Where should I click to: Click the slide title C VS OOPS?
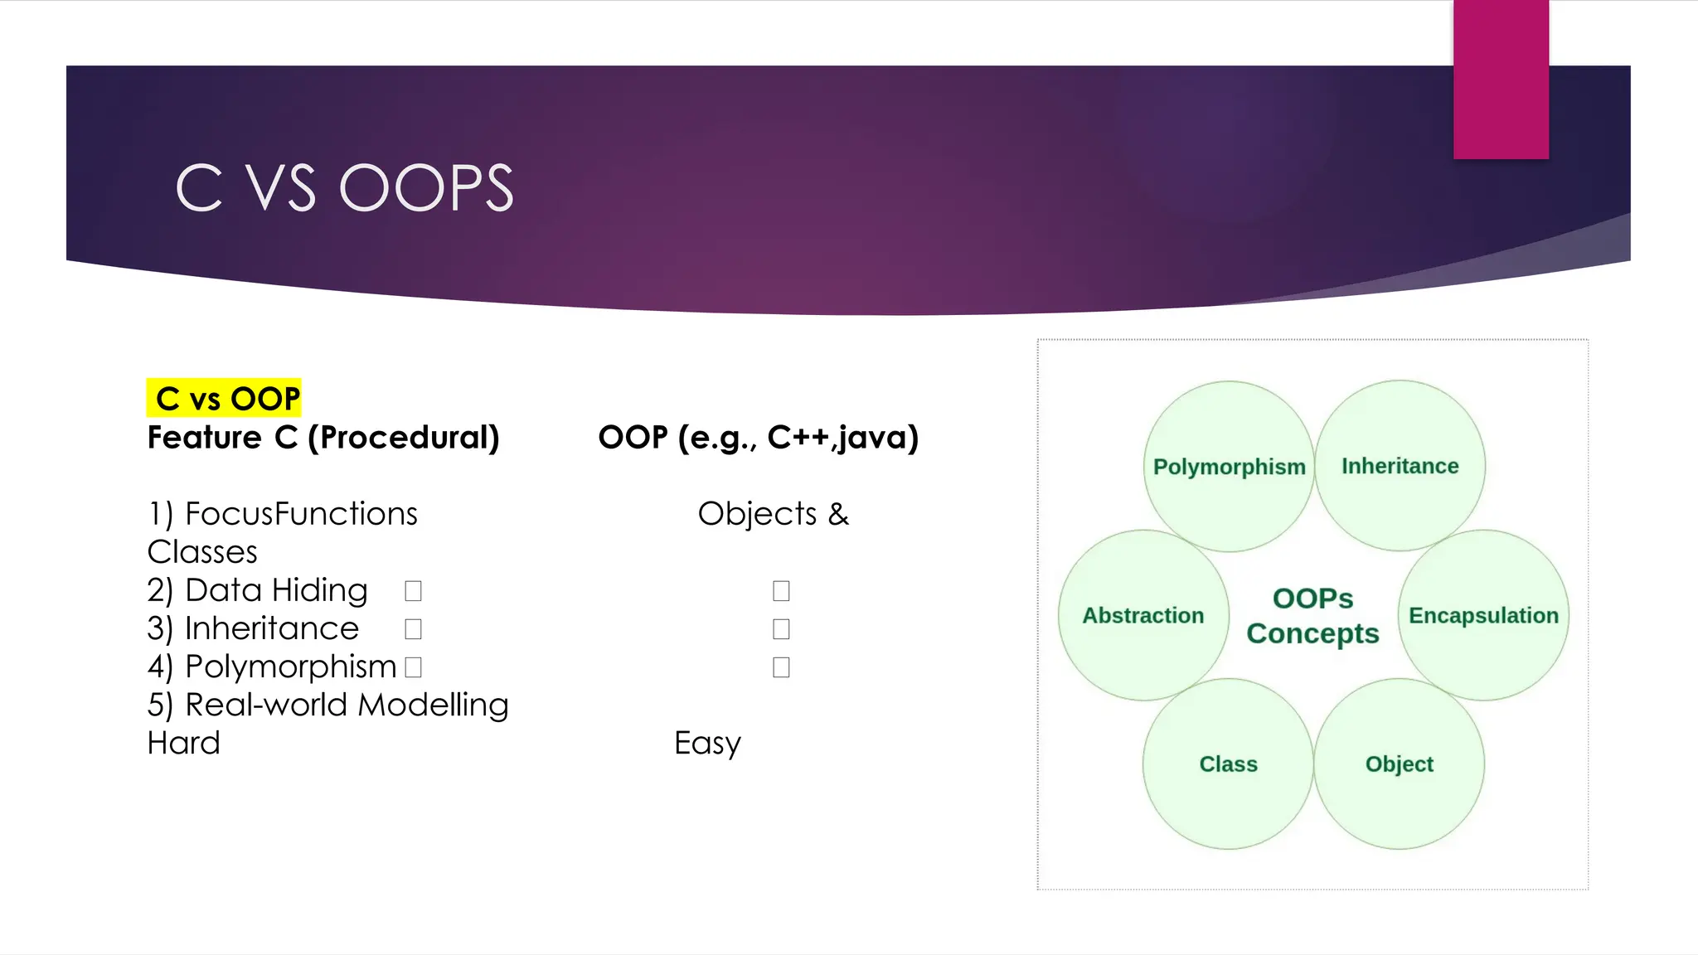point(345,187)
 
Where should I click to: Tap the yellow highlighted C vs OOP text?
point(225,399)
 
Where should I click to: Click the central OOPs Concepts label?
point(1312,616)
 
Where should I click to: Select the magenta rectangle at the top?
point(1501,80)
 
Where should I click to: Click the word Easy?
point(707,743)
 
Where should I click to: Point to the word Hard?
point(183,743)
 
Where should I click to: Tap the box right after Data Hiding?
point(413,591)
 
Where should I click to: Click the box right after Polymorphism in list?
point(413,667)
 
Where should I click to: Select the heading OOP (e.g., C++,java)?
point(758,437)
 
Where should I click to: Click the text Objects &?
point(773,514)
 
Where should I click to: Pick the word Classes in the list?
point(202,552)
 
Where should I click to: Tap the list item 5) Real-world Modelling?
point(327,705)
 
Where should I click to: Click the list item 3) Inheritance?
point(253,628)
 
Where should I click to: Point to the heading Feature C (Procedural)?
point(323,437)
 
